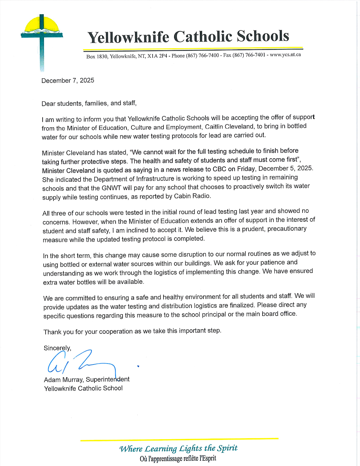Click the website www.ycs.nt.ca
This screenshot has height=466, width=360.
[285, 55]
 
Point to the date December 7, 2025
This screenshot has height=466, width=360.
[68, 81]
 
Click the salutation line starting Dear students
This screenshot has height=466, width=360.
[89, 103]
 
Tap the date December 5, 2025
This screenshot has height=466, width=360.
[285, 168]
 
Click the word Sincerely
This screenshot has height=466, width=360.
[57, 348]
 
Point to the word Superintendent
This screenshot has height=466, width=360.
[108, 379]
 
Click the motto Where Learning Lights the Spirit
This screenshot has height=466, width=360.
[178, 448]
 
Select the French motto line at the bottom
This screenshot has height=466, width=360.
[178, 459]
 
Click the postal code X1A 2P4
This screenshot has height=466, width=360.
[157, 56]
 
